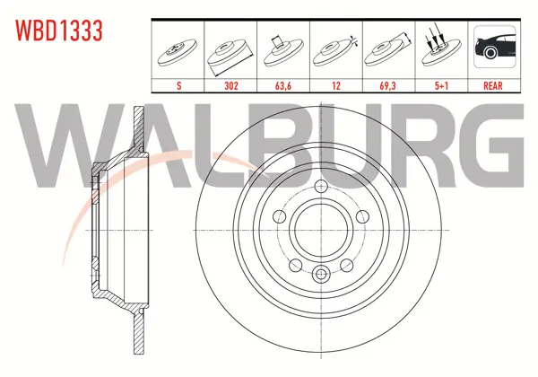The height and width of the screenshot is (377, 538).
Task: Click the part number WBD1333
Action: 58,31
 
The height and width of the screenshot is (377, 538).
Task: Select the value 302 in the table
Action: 231,85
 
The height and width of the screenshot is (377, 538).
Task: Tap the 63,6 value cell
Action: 283,85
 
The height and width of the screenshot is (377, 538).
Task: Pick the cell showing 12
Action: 336,85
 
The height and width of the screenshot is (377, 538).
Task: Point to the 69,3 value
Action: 387,85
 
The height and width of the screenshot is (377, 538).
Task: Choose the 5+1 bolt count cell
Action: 441,85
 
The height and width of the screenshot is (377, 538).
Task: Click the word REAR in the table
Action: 492,85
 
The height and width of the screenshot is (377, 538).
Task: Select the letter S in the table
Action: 178,85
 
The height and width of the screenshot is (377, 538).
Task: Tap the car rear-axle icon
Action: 495,47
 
